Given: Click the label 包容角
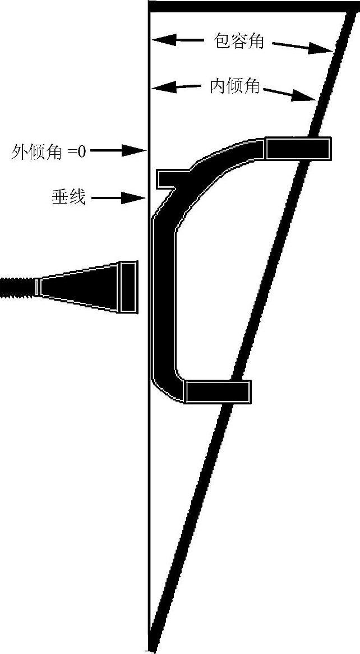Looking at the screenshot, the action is point(239,40).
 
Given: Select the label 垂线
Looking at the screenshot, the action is point(68,197).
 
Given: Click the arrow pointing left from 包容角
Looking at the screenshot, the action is point(177,40).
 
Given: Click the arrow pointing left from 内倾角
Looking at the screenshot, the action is point(176,87).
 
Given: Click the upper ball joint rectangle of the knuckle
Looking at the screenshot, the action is point(297,148).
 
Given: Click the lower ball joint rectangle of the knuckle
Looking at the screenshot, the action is point(217,392).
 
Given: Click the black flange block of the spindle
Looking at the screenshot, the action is point(128,287).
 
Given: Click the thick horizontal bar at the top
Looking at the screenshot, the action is point(247,6).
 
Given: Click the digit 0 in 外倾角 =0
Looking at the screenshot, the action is point(82,151).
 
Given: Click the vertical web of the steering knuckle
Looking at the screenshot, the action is point(163,297).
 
